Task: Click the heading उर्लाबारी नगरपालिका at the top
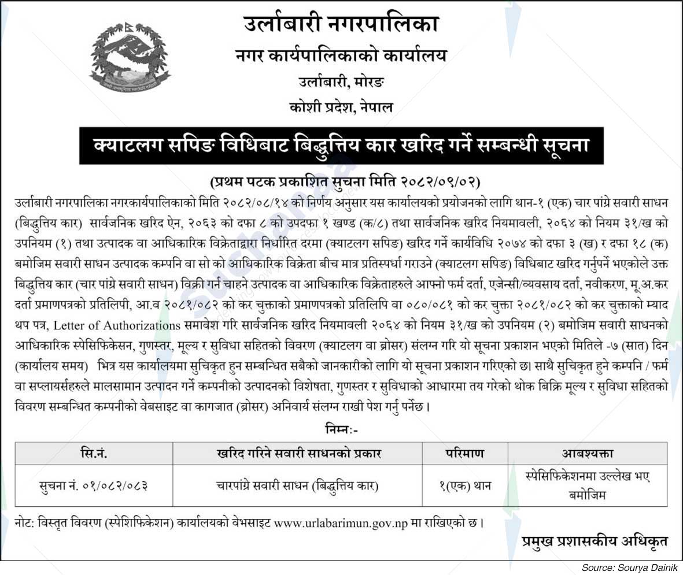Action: click(341, 24)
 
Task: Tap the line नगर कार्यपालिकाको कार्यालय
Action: click(341, 55)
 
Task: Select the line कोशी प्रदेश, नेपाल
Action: click(341, 107)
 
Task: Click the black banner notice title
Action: click(341, 146)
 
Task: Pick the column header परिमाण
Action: click(465, 454)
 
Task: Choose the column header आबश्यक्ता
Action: click(587, 454)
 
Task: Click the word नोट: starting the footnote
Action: click(25, 524)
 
